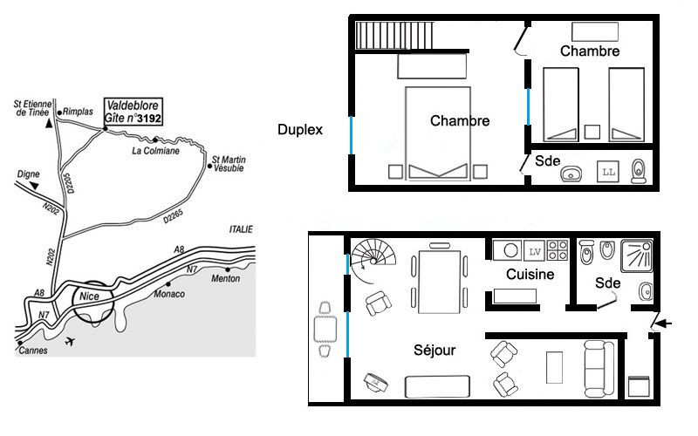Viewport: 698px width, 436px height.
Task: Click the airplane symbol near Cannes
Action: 70,342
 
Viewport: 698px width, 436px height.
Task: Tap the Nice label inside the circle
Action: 89,296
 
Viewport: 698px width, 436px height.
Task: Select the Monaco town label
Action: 169,294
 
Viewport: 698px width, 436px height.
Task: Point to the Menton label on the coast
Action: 226,278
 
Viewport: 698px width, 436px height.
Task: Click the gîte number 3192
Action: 148,119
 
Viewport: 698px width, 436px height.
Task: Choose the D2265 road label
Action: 173,216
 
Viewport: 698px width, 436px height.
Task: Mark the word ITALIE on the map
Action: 241,229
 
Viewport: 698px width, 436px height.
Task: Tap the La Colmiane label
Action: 156,151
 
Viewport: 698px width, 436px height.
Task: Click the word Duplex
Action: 300,129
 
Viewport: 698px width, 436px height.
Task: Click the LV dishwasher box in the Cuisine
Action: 534,251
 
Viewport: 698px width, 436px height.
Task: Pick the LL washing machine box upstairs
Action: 608,172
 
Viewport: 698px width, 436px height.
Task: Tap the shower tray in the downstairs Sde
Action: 637,255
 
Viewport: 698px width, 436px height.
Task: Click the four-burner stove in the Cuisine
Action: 558,250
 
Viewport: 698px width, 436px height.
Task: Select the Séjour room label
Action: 435,351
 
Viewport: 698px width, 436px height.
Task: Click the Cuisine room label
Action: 530,274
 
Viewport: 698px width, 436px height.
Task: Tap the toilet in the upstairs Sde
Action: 639,171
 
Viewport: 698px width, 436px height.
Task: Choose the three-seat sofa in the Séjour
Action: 599,369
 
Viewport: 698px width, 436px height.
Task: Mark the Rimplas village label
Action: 78,112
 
